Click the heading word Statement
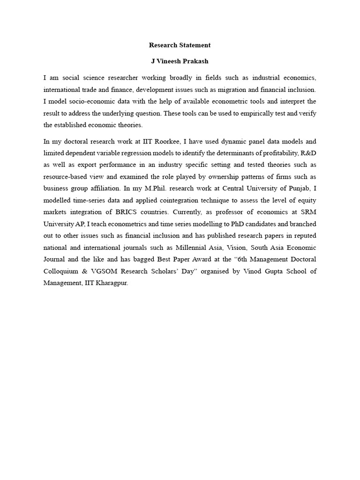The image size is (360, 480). click(194, 45)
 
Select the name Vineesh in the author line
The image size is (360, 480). click(171, 61)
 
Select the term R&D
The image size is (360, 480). click(307, 153)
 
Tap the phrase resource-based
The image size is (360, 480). click(67, 177)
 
